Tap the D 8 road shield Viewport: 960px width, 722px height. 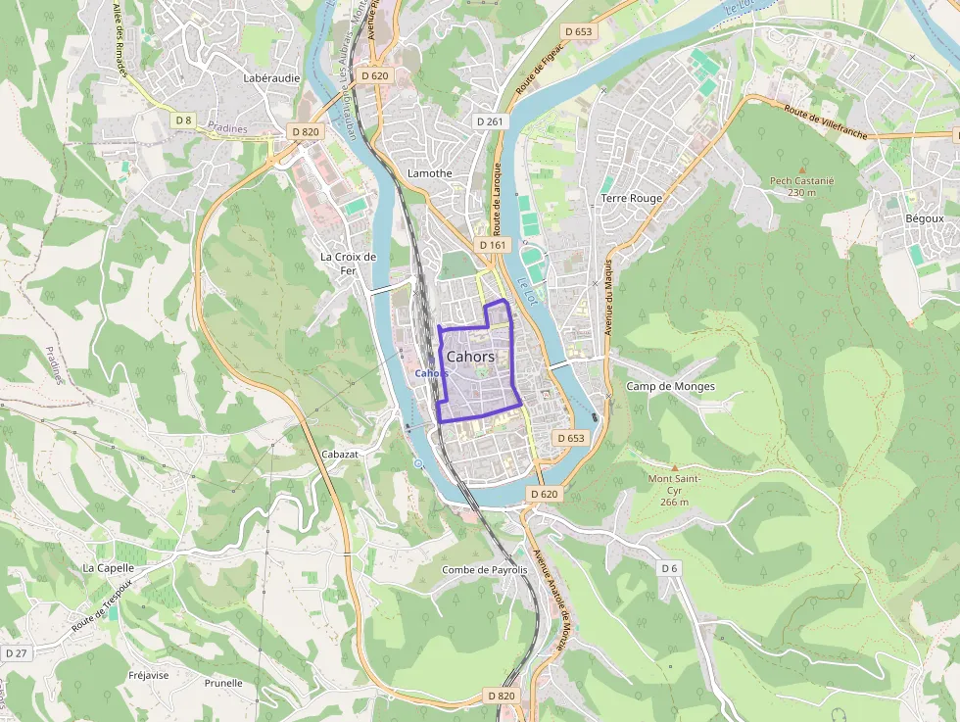(x=183, y=120)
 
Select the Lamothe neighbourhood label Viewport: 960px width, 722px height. (x=429, y=173)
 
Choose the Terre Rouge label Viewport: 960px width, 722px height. (x=631, y=198)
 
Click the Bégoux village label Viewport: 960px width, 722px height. (x=925, y=217)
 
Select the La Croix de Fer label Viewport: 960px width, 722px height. (x=349, y=264)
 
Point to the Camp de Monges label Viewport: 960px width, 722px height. (x=671, y=386)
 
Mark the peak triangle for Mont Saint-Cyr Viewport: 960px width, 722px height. (x=674, y=466)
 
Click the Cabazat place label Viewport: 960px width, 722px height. (x=340, y=454)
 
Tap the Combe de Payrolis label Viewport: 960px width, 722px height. (x=485, y=569)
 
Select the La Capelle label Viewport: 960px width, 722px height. (x=108, y=567)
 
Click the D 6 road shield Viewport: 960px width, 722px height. (x=669, y=568)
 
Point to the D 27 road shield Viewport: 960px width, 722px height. (x=17, y=652)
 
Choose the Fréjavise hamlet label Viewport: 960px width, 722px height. (x=149, y=675)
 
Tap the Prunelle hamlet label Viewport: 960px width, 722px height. (x=223, y=683)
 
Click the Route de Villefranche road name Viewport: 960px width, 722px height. (x=825, y=123)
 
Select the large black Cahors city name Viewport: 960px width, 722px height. (x=470, y=358)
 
